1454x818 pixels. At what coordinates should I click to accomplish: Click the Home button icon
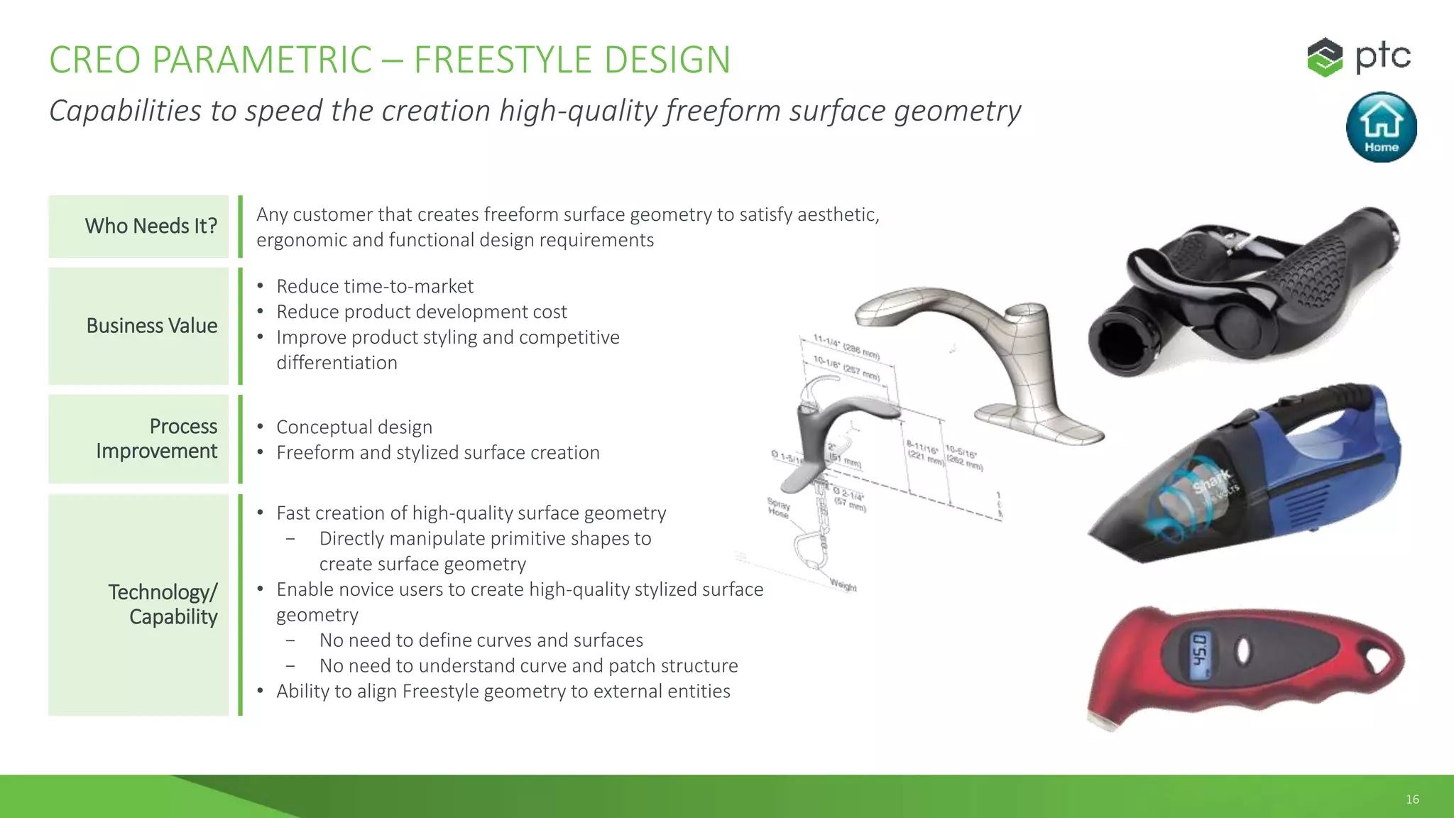(1381, 127)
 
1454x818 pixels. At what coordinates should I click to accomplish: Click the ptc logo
(1359, 57)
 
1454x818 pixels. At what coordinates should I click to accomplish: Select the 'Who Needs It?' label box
(139, 226)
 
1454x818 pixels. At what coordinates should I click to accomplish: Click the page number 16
(1412, 800)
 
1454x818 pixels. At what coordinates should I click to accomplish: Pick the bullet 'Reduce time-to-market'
(374, 286)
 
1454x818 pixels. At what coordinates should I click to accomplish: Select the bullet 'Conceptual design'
(354, 427)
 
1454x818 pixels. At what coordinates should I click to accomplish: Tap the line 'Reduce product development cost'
(421, 312)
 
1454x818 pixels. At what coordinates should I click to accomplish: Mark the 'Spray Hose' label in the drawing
(778, 507)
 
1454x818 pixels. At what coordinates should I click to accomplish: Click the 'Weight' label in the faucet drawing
(843, 586)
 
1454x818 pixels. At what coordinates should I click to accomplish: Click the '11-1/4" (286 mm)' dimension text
(846, 347)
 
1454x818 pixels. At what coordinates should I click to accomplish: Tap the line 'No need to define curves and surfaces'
(481, 640)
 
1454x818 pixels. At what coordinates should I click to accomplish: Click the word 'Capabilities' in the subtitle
(125, 111)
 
